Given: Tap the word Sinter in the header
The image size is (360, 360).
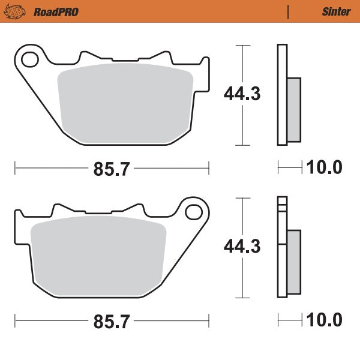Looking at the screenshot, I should (x=336, y=11).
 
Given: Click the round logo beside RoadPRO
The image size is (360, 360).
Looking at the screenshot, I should (x=18, y=11).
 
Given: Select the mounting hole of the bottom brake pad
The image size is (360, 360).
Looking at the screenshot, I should (x=194, y=212).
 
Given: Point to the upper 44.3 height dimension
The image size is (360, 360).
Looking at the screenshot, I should (x=242, y=94).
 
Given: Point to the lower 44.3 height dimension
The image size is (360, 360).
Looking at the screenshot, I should (x=242, y=247).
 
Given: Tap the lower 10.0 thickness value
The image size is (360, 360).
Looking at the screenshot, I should (x=324, y=320).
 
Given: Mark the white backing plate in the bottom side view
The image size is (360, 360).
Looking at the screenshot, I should (x=282, y=252).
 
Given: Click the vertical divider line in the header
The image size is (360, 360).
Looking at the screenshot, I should (x=289, y=11).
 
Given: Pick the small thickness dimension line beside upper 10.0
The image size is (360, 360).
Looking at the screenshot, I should (x=290, y=167).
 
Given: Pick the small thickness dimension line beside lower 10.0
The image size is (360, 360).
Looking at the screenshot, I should (x=290, y=320).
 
